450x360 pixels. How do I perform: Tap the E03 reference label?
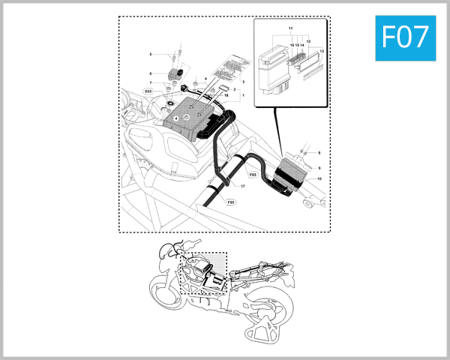point(148,91)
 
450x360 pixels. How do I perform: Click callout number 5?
point(150,55)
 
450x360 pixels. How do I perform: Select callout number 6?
point(150,73)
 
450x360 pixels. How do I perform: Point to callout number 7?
point(150,82)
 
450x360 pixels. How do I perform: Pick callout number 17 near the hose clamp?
point(242,185)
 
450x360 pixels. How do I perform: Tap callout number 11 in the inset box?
point(290,28)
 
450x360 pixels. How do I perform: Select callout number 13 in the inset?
point(322,51)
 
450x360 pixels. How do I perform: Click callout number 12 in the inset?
point(308,41)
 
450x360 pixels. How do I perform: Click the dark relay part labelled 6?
point(178,73)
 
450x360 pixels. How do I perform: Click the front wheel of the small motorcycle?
point(166,292)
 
